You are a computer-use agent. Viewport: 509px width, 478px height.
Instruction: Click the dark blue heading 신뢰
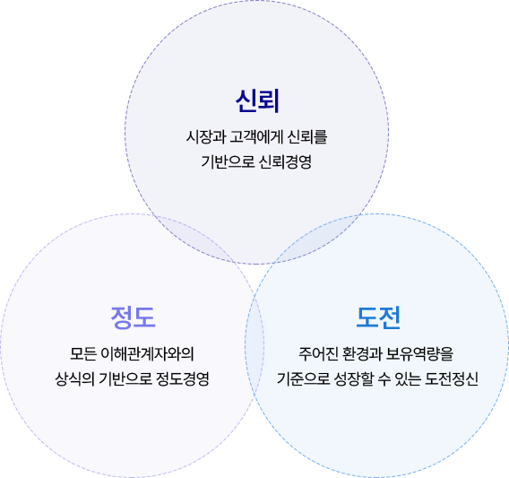click(x=257, y=101)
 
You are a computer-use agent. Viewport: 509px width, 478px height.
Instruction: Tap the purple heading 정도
click(x=133, y=317)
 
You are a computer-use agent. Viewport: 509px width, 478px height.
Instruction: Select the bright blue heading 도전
click(x=378, y=317)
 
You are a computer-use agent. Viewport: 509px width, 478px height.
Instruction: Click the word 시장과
click(x=206, y=136)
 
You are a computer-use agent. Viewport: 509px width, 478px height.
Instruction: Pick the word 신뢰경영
click(x=286, y=161)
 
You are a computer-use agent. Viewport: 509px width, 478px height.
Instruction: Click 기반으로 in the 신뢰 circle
click(x=228, y=161)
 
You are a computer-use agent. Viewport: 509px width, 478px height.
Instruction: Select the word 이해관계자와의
click(x=147, y=354)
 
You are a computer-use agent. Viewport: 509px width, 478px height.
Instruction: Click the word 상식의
click(x=74, y=378)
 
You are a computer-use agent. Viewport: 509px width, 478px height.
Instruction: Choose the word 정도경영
click(x=183, y=378)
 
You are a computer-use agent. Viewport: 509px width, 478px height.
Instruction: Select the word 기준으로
click(x=304, y=378)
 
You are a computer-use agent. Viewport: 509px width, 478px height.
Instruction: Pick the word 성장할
click(x=354, y=378)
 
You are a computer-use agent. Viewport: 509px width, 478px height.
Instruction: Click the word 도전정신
click(x=452, y=378)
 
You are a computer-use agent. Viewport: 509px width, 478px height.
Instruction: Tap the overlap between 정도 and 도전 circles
click(x=254, y=345)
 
